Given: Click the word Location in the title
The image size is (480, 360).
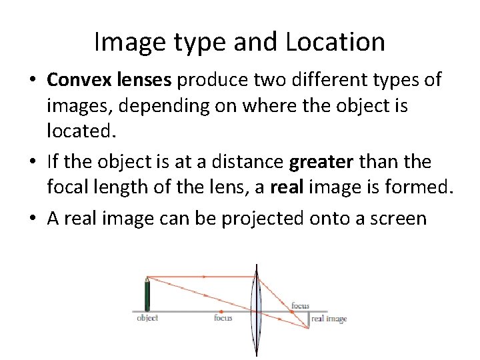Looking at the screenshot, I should (335, 43).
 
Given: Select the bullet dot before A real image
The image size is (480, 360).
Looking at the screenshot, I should (32, 217).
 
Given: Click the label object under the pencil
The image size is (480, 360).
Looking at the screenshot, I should (147, 318).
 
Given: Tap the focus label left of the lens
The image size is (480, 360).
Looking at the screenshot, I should (223, 318).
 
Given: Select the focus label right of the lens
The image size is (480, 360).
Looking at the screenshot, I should (300, 306).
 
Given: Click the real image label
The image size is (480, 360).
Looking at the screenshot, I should (329, 319).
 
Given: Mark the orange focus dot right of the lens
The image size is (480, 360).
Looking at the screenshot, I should (291, 311).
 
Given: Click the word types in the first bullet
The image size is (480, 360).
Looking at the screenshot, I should (399, 81).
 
